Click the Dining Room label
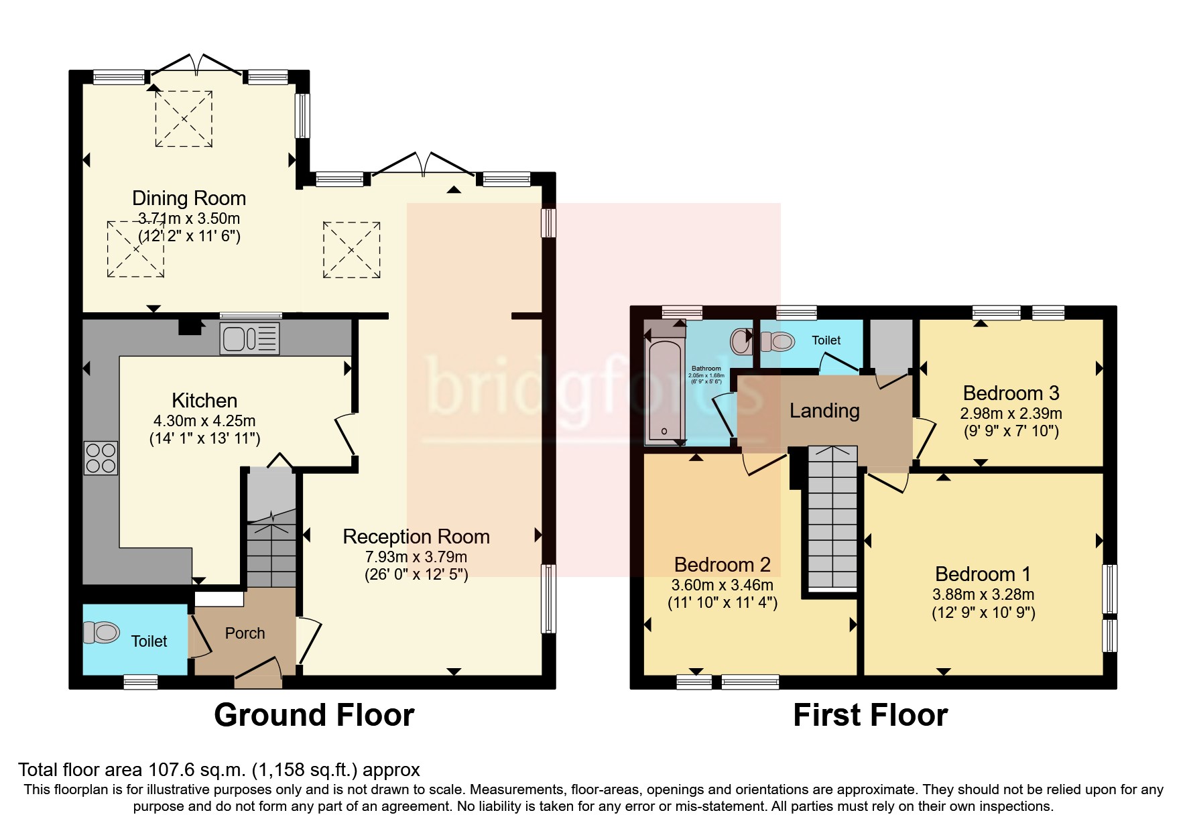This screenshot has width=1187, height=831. pyautogui.click(x=188, y=198)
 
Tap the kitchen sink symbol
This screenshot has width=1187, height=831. pyautogui.click(x=249, y=338)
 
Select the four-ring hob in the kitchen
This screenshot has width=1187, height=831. pyautogui.click(x=101, y=458)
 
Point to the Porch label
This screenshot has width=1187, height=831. pyautogui.click(x=245, y=633)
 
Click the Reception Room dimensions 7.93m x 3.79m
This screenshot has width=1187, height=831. pyautogui.click(x=416, y=557)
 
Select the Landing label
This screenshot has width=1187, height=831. pyautogui.click(x=824, y=410)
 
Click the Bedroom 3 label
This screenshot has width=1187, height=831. pyautogui.click(x=1011, y=393)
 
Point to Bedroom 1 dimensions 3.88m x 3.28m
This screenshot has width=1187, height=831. pyautogui.click(x=983, y=594)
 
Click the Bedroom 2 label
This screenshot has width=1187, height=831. pyautogui.click(x=722, y=565)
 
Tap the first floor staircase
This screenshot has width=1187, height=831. pyautogui.click(x=832, y=516)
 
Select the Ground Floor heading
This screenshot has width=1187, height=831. pyautogui.click(x=314, y=715)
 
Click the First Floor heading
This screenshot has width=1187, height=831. pyautogui.click(x=870, y=715)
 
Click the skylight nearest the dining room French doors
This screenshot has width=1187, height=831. pyautogui.click(x=184, y=119)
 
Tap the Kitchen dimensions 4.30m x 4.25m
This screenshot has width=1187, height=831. pyautogui.click(x=204, y=421)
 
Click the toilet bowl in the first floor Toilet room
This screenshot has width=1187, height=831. pyautogui.click(x=778, y=342)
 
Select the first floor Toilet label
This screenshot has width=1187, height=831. pyautogui.click(x=826, y=340)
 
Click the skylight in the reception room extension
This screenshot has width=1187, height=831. pyautogui.click(x=351, y=250)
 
